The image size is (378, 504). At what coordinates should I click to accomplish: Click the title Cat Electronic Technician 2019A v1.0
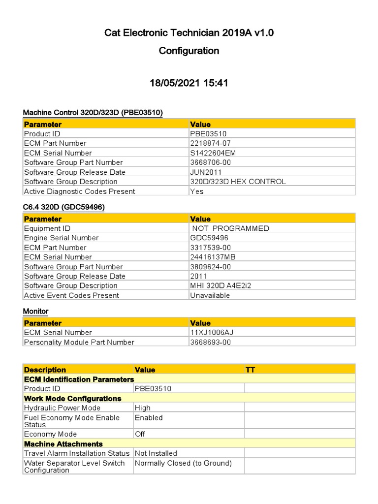[189, 33]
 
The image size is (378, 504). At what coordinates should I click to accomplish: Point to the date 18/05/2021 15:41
[189, 83]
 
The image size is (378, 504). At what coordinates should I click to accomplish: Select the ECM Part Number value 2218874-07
[210, 143]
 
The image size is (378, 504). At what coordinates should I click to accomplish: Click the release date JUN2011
[206, 172]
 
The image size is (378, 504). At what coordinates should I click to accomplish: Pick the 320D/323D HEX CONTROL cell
[238, 182]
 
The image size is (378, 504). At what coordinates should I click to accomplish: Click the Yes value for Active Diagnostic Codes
[197, 191]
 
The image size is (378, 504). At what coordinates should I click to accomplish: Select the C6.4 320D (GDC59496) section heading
[63, 208]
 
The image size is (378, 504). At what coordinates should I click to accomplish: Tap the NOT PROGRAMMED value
[230, 228]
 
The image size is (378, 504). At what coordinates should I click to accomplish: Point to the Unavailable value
[210, 295]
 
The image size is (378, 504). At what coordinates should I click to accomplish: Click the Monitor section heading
[35, 312]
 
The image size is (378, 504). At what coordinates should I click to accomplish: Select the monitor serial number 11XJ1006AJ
[212, 333]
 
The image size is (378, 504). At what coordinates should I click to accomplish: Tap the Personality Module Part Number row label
[79, 343]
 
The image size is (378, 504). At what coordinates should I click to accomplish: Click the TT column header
[250, 370]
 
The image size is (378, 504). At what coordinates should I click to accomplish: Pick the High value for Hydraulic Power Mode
[143, 408]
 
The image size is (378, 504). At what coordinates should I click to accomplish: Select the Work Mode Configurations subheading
[72, 399]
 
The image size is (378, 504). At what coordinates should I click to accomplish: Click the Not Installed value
[156, 453]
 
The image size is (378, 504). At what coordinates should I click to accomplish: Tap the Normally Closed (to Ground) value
[183, 463]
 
